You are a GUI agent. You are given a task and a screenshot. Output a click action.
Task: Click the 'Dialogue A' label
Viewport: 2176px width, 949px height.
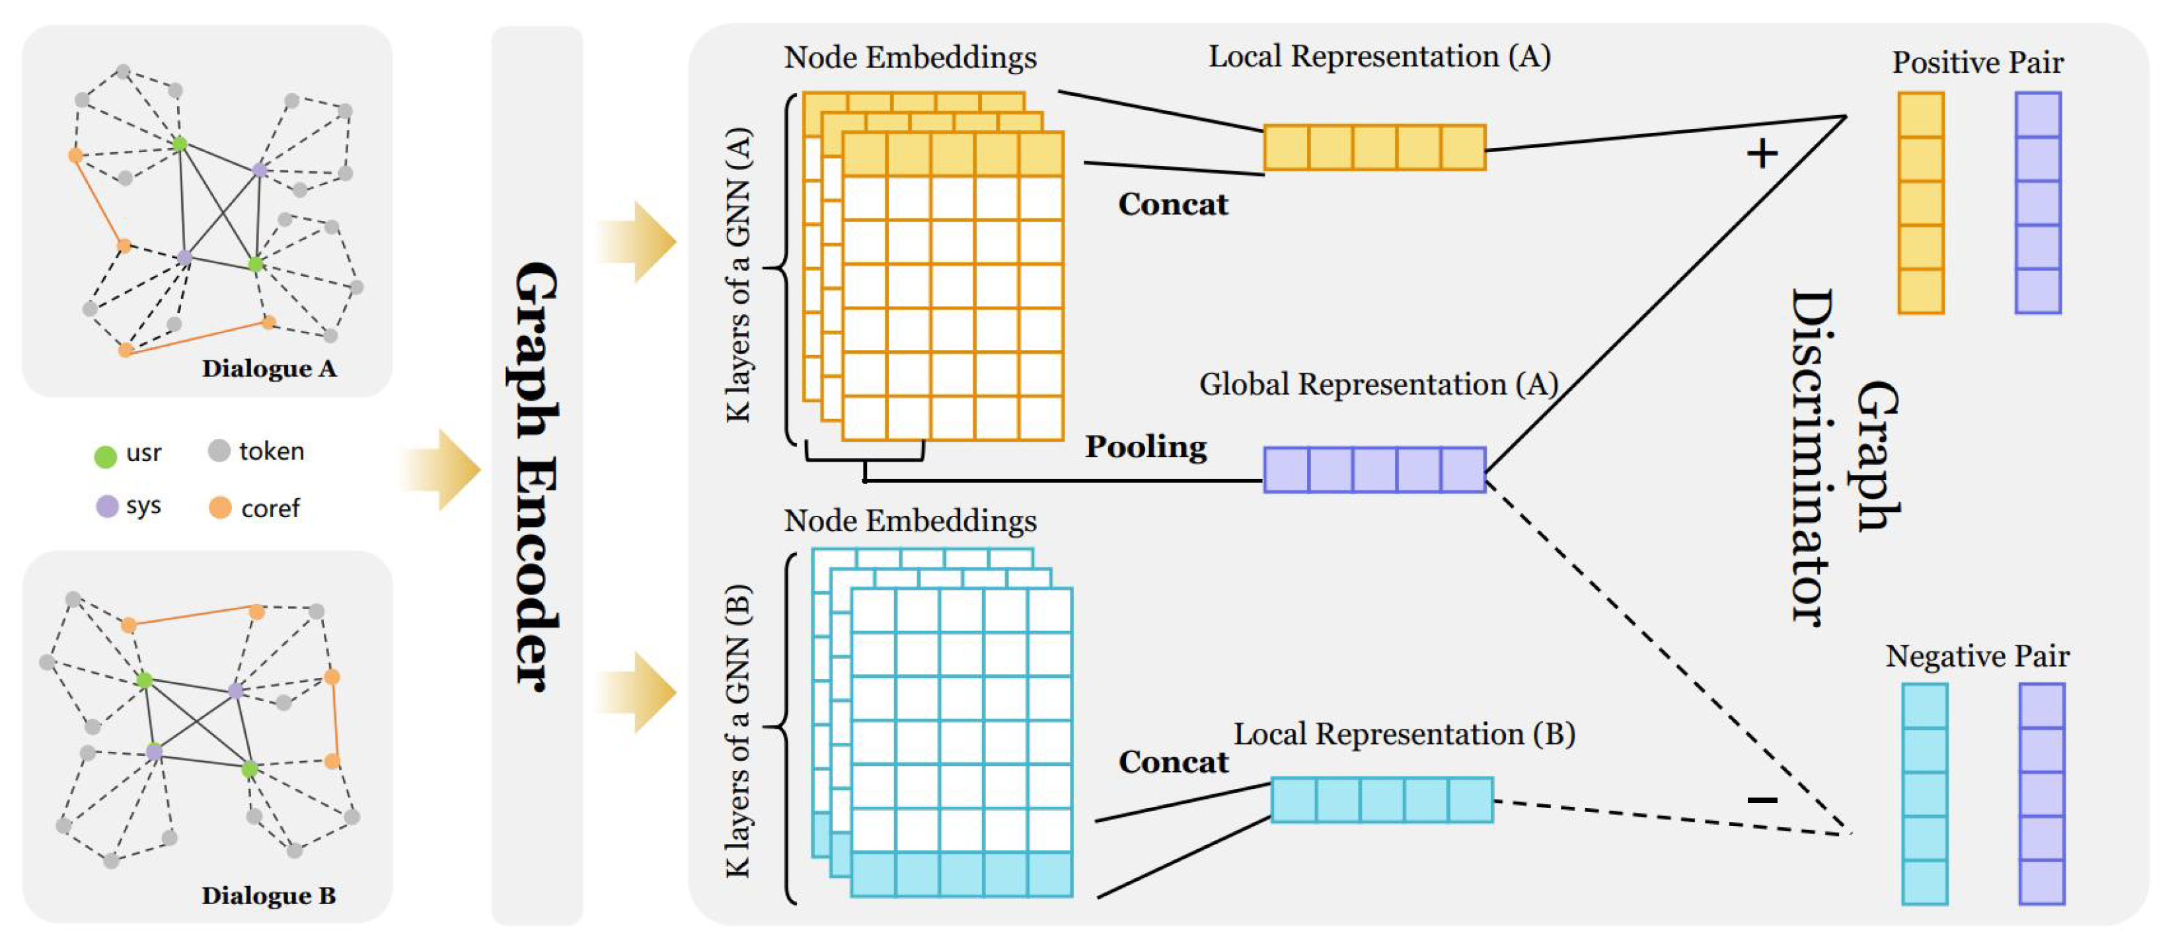pyautogui.click(x=269, y=368)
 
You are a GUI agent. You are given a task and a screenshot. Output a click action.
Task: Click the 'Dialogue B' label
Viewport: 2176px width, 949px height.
pyautogui.click(x=269, y=895)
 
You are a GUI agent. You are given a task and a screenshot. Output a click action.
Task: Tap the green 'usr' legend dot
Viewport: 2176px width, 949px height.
pyautogui.click(x=105, y=456)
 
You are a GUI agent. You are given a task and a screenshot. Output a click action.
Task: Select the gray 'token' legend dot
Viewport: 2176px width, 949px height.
pyautogui.click(x=219, y=450)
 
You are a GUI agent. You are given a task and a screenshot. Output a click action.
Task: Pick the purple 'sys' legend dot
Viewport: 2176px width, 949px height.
pyautogui.click(x=107, y=506)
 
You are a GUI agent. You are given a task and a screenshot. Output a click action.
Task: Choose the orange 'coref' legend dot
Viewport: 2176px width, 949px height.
pyautogui.click(x=219, y=507)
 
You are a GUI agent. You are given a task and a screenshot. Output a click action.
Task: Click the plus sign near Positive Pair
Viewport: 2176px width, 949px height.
pyautogui.click(x=1762, y=154)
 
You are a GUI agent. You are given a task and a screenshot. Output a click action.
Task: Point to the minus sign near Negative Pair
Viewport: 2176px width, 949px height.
pyautogui.click(x=1763, y=800)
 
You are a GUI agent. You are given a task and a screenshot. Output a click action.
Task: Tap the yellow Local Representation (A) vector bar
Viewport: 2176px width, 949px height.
pyautogui.click(x=1374, y=148)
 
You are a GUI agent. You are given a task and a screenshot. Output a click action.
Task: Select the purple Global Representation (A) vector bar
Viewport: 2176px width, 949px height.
pyautogui.click(x=1374, y=470)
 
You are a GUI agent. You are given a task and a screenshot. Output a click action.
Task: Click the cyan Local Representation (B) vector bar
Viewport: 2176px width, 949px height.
pyautogui.click(x=1382, y=800)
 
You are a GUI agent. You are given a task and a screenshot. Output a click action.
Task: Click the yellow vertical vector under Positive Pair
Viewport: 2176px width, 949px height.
pyautogui.click(x=1921, y=203)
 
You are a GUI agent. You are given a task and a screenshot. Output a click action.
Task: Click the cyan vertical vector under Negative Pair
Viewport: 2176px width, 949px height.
pyautogui.click(x=1924, y=794)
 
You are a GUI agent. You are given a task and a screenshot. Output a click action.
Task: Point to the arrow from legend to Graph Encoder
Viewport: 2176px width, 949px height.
pyautogui.click(x=441, y=470)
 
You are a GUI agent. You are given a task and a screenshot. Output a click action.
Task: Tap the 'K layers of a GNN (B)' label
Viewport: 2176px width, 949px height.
pyautogui.click(x=737, y=730)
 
